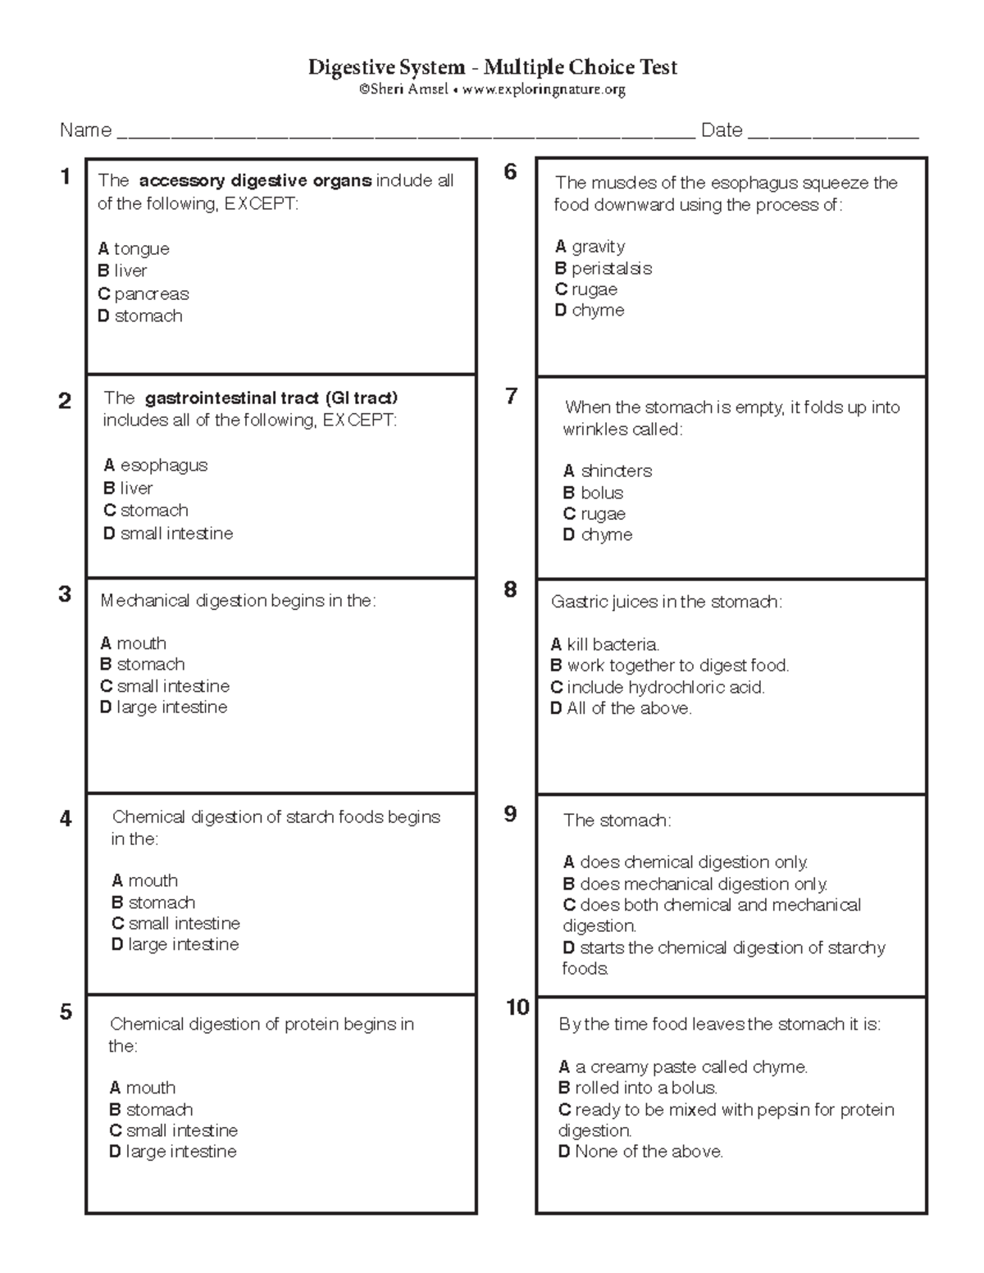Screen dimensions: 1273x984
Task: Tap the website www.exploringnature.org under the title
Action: pyautogui.click(x=544, y=89)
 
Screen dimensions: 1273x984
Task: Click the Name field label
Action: pyautogui.click(x=85, y=130)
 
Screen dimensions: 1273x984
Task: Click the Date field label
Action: pyautogui.click(x=722, y=130)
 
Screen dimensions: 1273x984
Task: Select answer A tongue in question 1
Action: pyautogui.click(x=134, y=248)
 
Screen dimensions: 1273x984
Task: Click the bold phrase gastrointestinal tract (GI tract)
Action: pyautogui.click(x=271, y=398)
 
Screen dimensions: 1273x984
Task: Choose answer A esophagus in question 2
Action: pyautogui.click(x=156, y=466)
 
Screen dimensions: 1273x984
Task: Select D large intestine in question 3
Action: pyautogui.click(x=164, y=707)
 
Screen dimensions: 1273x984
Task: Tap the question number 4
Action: pyautogui.click(x=66, y=818)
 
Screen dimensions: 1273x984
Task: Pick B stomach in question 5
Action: pyautogui.click(x=152, y=1109)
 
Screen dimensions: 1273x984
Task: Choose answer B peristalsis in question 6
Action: pyautogui.click(x=604, y=268)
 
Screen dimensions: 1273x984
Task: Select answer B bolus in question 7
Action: pyautogui.click(x=594, y=493)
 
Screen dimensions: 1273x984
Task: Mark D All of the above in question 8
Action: pyautogui.click(x=621, y=708)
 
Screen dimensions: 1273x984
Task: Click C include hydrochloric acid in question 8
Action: pyautogui.click(x=658, y=687)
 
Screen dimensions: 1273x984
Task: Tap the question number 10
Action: pyautogui.click(x=517, y=1007)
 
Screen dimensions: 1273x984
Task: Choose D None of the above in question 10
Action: pyautogui.click(x=640, y=1152)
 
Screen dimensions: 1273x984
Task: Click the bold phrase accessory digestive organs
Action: pyautogui.click(x=255, y=181)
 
